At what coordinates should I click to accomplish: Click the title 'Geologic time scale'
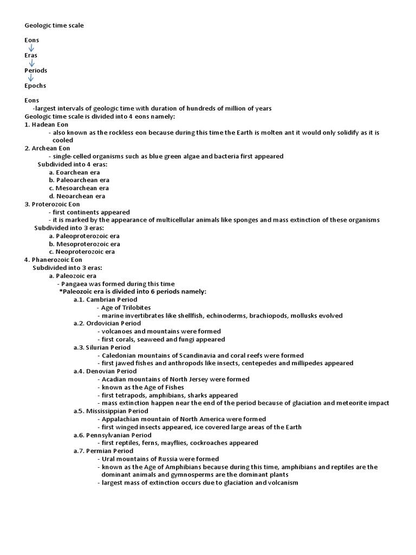pos(54,25)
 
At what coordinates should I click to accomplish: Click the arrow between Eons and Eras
pos(31,48)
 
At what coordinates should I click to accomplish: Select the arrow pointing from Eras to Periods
pos(31,63)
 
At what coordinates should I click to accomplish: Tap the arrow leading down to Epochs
pos(31,78)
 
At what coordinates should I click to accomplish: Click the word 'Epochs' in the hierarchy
pos(35,86)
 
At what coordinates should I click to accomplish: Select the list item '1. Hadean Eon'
pos(47,125)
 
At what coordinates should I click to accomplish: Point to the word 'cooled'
pos(63,140)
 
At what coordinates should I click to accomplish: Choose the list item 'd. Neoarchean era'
pos(77,196)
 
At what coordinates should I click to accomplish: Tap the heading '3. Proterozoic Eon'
pos(52,204)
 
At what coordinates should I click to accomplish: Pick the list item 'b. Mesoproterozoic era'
pos(84,244)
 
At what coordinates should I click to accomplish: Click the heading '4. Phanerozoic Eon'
pos(53,260)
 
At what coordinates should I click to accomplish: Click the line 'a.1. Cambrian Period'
pos(106,299)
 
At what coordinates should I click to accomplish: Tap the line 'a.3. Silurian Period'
pos(102,347)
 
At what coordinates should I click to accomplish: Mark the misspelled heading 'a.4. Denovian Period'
pos(105,371)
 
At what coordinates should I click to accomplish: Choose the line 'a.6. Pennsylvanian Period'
pos(113,435)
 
